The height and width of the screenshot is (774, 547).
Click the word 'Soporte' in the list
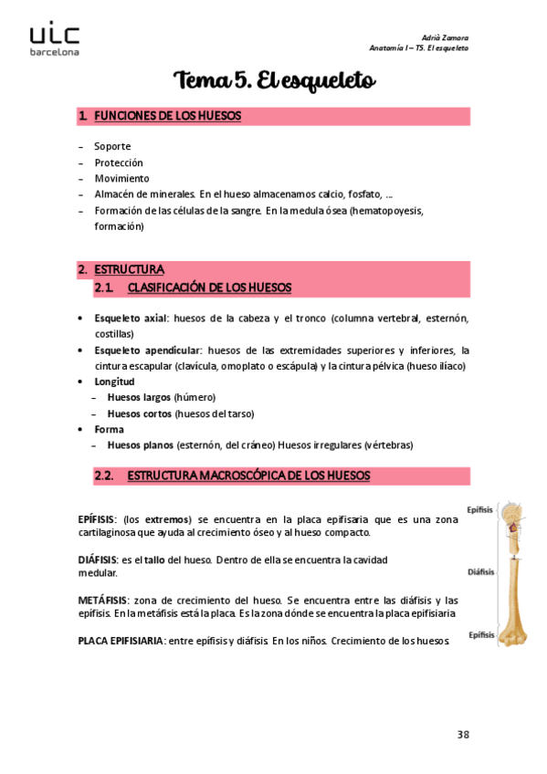[x=112, y=146]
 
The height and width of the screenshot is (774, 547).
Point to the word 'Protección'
[x=119, y=162]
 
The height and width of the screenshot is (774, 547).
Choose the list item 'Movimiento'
[x=121, y=178]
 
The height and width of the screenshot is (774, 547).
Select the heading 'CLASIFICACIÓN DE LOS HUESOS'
[x=209, y=288]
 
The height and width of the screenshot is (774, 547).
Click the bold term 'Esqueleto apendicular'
[x=147, y=350]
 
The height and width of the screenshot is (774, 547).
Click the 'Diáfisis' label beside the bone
[x=480, y=572]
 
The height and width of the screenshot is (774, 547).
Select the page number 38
[x=462, y=735]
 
